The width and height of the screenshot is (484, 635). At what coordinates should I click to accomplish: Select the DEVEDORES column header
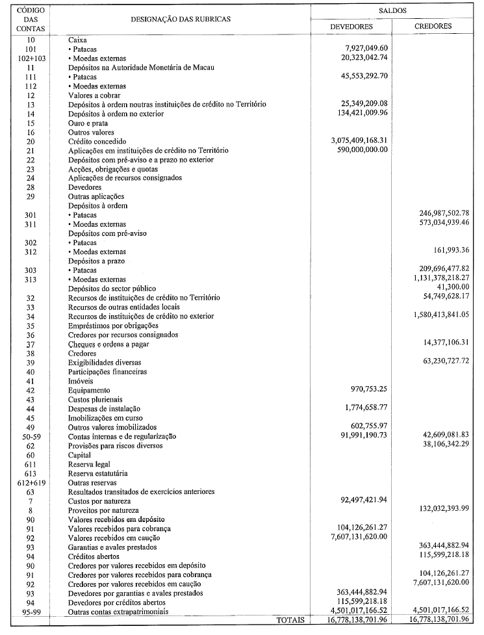(x=351, y=27)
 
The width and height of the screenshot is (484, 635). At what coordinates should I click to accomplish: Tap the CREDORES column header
(x=433, y=27)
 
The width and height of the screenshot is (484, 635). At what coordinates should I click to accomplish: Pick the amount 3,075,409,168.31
(x=359, y=140)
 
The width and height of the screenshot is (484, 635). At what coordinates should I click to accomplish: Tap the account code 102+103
(x=27, y=58)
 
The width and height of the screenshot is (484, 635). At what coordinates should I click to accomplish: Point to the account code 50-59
(x=27, y=436)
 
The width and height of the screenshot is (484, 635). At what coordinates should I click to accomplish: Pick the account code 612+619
(x=27, y=483)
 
